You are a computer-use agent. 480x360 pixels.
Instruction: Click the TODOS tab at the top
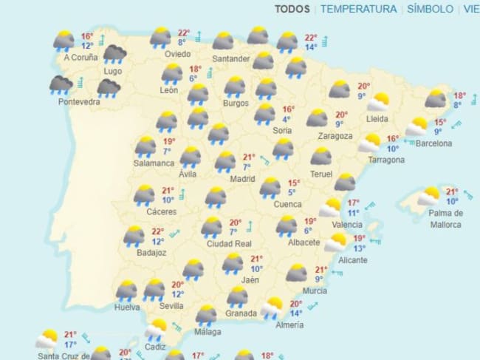[292, 9]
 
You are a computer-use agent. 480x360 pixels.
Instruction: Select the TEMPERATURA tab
[359, 9]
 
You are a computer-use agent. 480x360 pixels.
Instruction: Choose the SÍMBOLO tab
[430, 9]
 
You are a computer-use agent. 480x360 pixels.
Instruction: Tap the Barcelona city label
[433, 143]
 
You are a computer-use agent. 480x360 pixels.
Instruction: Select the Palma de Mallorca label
[446, 219]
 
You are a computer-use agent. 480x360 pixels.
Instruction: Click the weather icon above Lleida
[379, 102]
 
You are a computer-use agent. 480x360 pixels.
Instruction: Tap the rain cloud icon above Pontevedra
[61, 84]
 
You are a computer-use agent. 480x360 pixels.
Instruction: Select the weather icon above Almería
[271, 307]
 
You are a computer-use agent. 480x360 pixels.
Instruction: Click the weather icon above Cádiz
[156, 328]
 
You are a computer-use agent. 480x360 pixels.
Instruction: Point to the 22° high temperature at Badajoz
[157, 231]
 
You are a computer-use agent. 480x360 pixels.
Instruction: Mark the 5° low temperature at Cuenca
[292, 193]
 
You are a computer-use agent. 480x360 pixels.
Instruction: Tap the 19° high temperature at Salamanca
[168, 142]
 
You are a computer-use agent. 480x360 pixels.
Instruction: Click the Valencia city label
[347, 224]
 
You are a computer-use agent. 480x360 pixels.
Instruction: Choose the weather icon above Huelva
[126, 289]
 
